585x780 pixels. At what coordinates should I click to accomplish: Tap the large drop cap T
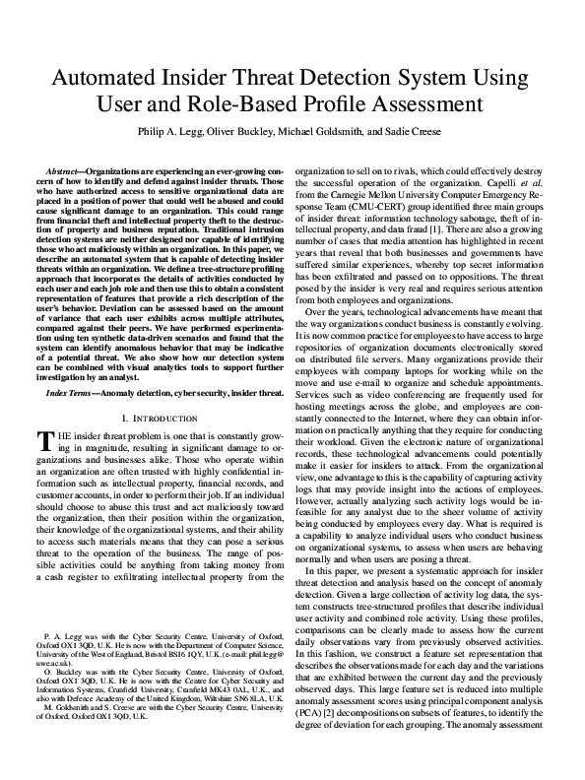click(x=43, y=414)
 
